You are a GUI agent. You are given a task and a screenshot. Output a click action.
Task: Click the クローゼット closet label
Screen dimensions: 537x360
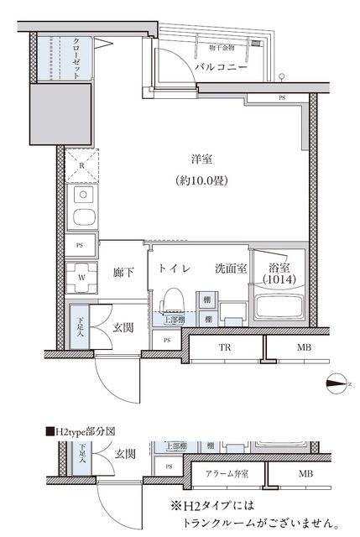76,58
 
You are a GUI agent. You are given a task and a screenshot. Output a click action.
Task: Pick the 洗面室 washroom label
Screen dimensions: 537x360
229,268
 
